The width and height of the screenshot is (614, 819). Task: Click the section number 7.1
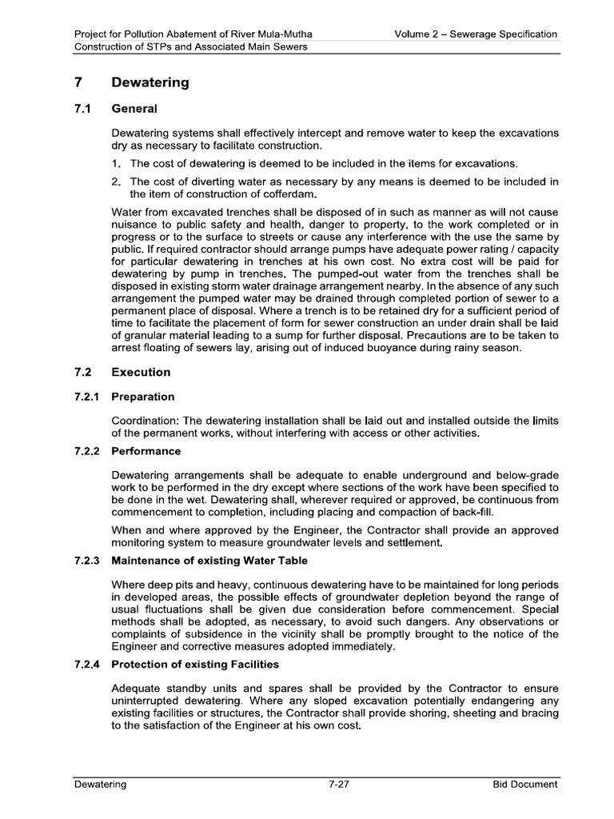click(x=82, y=108)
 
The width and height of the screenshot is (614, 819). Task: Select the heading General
click(x=134, y=108)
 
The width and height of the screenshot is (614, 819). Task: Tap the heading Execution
click(x=141, y=372)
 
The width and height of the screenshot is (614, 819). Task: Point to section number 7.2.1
click(x=86, y=397)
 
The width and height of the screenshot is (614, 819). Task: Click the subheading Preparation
click(x=142, y=397)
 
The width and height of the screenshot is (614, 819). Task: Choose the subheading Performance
click(x=146, y=451)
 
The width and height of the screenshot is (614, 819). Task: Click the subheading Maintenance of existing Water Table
click(x=209, y=561)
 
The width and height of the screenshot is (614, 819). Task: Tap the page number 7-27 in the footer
click(x=340, y=785)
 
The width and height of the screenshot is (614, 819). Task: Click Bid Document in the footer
click(x=524, y=785)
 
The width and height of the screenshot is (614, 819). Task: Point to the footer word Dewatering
click(x=100, y=785)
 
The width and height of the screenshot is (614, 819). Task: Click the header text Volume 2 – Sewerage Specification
click(x=476, y=34)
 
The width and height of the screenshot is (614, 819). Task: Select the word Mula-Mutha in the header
click(x=284, y=34)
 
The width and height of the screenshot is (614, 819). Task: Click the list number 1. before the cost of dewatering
click(x=117, y=163)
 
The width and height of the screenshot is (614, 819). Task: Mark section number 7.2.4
click(x=86, y=663)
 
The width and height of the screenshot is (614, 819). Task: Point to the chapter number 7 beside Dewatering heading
click(x=78, y=82)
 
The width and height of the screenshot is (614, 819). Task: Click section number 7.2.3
click(x=86, y=561)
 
